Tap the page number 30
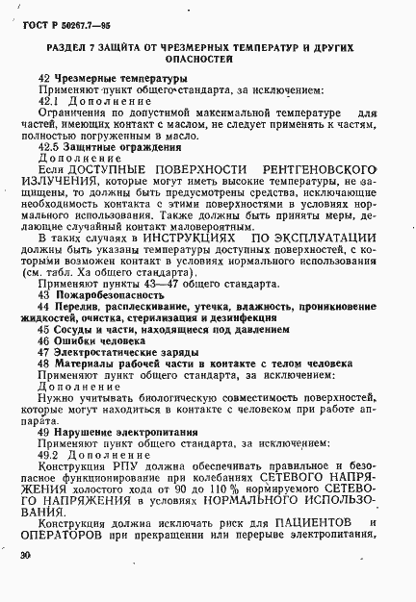click(25, 557)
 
